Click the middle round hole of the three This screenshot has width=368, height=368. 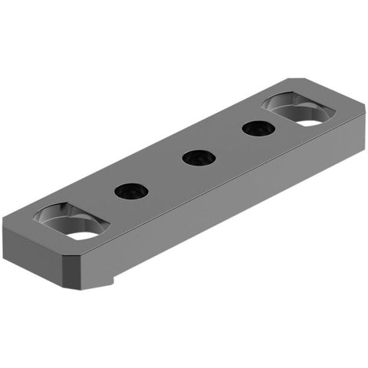point(199,157)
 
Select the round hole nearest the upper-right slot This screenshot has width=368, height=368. point(258,128)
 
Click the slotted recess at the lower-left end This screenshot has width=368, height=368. point(71,221)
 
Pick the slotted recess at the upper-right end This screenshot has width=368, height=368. point(303,110)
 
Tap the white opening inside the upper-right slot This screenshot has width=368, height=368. point(312,119)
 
